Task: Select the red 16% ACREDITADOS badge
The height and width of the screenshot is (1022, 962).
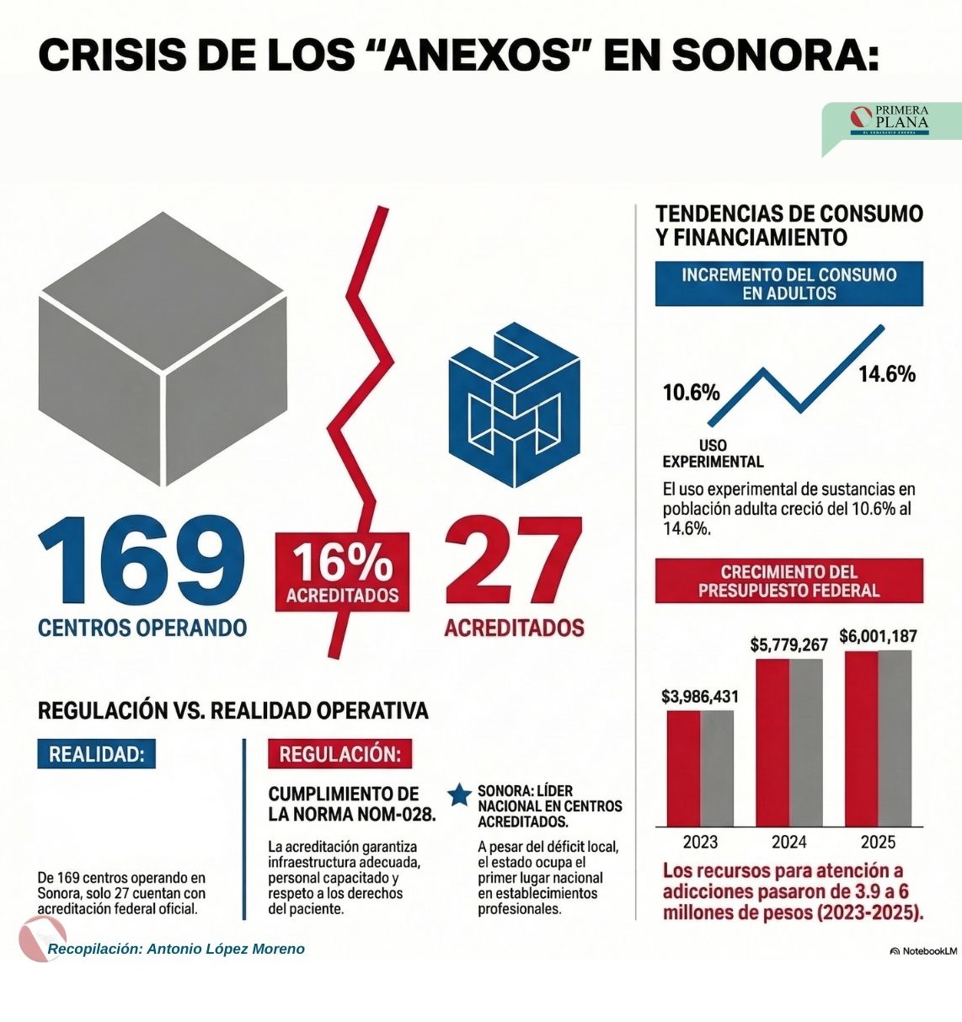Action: (x=342, y=572)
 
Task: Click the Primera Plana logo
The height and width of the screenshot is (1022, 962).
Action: (x=890, y=121)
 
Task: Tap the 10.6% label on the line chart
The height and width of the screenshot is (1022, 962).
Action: (x=691, y=393)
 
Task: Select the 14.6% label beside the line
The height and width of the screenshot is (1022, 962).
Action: (x=886, y=374)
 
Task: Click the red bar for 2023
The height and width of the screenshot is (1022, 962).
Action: (x=683, y=768)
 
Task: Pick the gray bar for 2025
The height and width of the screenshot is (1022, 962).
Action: (x=895, y=737)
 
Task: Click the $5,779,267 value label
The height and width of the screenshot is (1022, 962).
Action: (x=788, y=645)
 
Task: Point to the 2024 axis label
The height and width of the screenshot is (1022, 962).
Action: (x=788, y=842)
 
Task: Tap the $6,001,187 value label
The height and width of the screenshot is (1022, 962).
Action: (x=878, y=636)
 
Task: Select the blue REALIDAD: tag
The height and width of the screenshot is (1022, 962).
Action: (x=96, y=754)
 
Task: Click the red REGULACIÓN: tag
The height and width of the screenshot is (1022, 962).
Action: (x=339, y=754)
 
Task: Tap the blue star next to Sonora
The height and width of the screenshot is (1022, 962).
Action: (x=459, y=795)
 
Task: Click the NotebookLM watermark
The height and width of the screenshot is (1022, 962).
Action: (x=923, y=950)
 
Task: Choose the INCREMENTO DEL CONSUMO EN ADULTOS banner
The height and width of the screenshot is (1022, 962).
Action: (x=788, y=284)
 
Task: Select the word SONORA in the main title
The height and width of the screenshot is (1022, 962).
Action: (x=775, y=55)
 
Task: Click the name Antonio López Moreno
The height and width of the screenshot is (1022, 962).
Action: (x=226, y=949)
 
